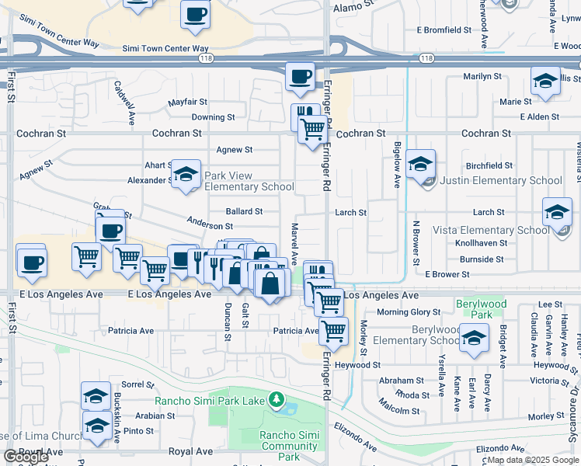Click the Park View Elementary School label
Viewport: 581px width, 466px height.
pyautogui.click(x=249, y=181)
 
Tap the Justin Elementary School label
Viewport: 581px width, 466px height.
pyautogui.click(x=501, y=180)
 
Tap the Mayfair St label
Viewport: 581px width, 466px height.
pyautogui.click(x=188, y=102)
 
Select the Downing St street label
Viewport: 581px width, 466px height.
pyautogui.click(x=213, y=117)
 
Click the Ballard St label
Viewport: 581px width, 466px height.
pyautogui.click(x=244, y=211)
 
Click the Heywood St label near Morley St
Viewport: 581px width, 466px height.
pyautogui.click(x=358, y=364)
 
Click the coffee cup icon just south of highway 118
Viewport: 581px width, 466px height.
pyautogui.click(x=300, y=76)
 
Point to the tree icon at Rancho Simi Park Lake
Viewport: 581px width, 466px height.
pyautogui.click(x=275, y=400)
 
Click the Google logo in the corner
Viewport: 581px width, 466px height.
pyautogui.click(x=26, y=457)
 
